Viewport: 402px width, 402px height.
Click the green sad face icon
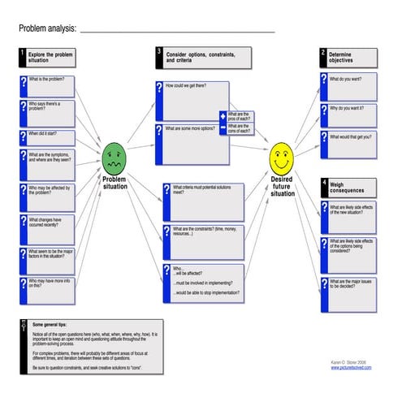point(114,157)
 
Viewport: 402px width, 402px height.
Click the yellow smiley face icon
point(281,153)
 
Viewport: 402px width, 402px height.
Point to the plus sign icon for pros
point(223,117)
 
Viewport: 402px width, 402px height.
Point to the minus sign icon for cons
point(223,129)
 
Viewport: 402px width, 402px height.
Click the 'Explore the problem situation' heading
point(50,58)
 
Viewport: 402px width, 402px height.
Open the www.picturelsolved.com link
point(351,367)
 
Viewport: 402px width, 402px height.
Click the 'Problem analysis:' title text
point(47,28)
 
